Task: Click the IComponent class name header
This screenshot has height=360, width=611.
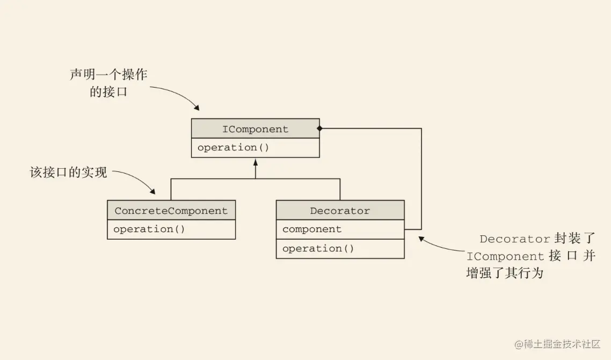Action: point(255,129)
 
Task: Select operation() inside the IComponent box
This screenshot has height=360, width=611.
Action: point(233,148)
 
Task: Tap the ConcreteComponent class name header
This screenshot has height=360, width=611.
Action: point(171,211)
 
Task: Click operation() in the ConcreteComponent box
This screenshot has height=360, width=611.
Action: point(149,229)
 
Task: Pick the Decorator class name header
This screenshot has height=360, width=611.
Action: point(340,211)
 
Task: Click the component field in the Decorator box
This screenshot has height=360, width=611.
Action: point(312,229)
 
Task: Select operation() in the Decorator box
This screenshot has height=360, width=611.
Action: point(318,249)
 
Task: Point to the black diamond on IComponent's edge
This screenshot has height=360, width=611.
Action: point(319,128)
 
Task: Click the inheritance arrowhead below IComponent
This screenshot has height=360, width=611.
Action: point(256,161)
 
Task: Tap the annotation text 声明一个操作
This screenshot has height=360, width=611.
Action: point(108,74)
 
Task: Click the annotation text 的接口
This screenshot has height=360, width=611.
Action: point(108,92)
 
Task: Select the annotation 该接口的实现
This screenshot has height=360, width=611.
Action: point(68,172)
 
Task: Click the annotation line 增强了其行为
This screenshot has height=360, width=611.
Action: point(505,273)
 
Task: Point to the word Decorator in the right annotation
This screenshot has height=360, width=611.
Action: point(515,239)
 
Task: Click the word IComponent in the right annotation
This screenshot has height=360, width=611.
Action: point(505,256)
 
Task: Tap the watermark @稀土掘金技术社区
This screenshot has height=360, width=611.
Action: point(557,344)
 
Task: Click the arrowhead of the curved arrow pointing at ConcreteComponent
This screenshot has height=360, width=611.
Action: point(152,192)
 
